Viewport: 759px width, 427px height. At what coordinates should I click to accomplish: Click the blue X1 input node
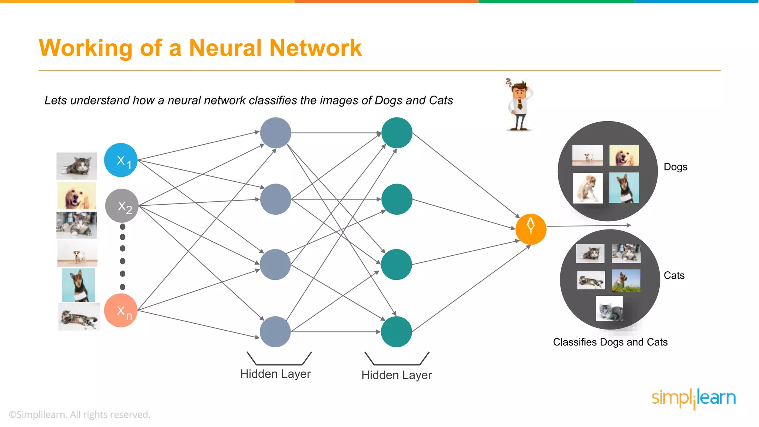tap(121, 160)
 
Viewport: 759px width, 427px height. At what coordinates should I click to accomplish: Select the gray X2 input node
tap(122, 206)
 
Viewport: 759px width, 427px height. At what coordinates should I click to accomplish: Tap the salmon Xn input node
tap(121, 310)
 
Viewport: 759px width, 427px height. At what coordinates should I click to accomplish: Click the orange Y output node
tap(531, 229)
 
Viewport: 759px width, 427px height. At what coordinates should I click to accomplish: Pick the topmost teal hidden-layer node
tap(397, 133)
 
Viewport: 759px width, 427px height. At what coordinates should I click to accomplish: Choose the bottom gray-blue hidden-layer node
tap(275, 331)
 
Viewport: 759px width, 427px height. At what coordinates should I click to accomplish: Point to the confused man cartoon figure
tap(520, 105)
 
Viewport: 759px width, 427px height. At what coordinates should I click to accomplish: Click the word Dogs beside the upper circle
tap(675, 167)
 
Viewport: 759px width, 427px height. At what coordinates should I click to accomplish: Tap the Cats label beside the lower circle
tap(674, 275)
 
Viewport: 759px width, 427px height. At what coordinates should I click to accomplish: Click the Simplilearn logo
tap(693, 398)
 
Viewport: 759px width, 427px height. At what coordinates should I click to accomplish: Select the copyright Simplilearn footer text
tap(80, 414)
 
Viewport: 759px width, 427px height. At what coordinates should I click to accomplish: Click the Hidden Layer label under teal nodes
tap(397, 375)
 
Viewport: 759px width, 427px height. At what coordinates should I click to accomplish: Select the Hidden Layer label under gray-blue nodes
tap(275, 374)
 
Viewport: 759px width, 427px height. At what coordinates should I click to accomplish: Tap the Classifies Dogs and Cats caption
tap(610, 342)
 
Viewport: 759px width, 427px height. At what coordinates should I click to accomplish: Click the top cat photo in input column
tap(77, 166)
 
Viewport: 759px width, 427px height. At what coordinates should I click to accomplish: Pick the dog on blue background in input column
tap(79, 285)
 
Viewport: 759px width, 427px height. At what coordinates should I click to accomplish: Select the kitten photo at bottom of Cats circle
tap(609, 308)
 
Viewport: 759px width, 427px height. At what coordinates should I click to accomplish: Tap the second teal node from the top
tap(397, 199)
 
